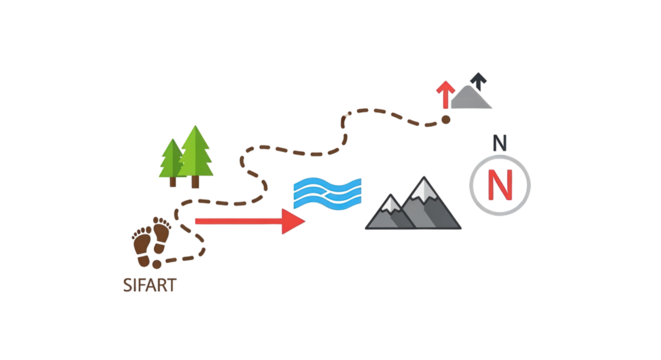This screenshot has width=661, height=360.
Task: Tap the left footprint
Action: point(142,243)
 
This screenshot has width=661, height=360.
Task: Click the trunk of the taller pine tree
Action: point(196,183)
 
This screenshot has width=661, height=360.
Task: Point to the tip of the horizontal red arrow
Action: point(303,221)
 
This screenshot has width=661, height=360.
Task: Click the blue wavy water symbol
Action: point(327,193)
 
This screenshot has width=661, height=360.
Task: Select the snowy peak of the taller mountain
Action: point(425,187)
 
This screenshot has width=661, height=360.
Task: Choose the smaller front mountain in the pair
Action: point(391,213)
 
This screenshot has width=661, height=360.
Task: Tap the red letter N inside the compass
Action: point(500,184)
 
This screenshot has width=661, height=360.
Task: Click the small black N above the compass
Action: point(500,143)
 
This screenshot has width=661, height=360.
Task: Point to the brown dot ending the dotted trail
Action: point(446,119)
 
